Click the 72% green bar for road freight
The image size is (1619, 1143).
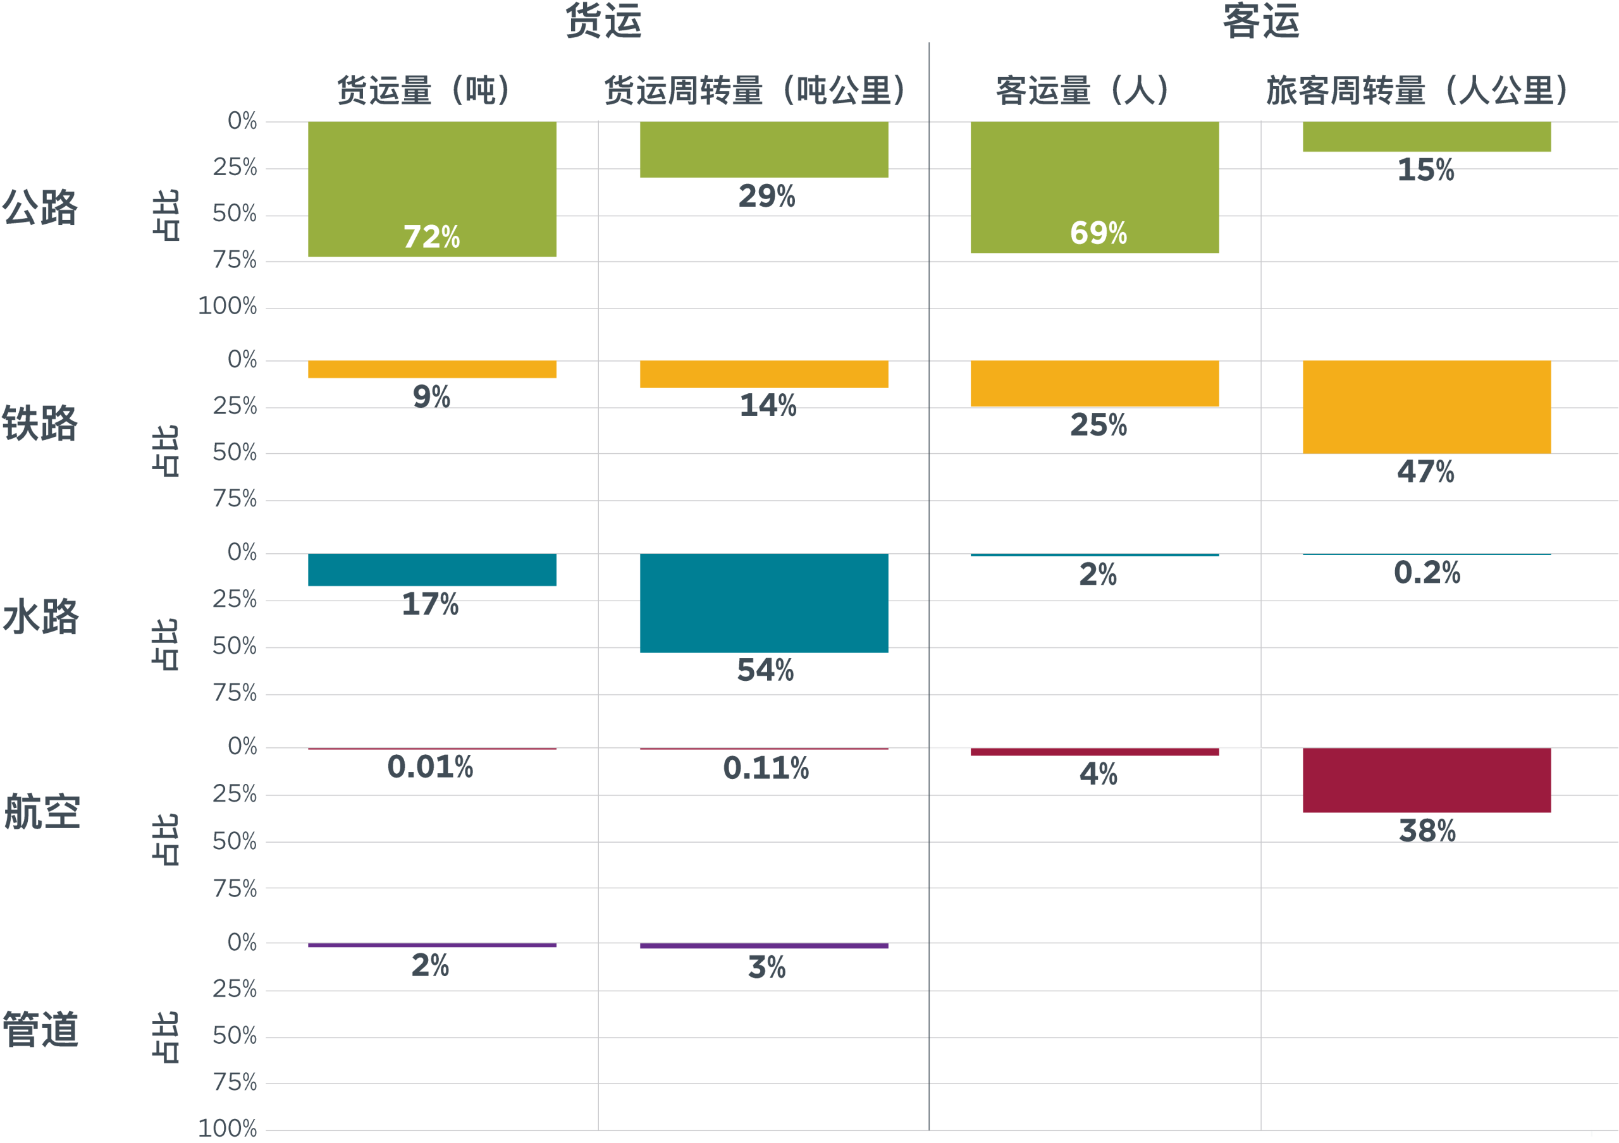point(431,189)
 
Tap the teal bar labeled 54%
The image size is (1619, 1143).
point(764,603)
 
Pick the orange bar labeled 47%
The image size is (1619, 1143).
point(1427,406)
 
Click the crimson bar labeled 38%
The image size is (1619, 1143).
point(1427,780)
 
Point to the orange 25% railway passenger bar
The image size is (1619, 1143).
point(1094,384)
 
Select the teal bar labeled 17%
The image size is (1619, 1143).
point(431,570)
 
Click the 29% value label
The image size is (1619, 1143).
point(766,196)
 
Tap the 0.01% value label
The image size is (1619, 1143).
point(430,767)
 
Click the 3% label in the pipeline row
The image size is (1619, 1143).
point(766,967)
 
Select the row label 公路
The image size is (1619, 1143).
point(40,208)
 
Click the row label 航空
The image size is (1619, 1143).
point(42,811)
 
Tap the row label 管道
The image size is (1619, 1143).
point(40,1029)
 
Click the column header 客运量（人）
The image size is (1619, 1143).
point(1082,90)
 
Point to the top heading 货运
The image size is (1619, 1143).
point(603,21)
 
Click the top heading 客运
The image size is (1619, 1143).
point(1261,21)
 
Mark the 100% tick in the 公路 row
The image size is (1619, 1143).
point(227,307)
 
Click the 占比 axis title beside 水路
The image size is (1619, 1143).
point(166,644)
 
